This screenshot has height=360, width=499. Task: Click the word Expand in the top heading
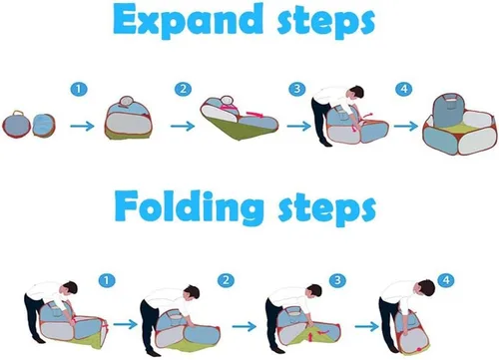[188, 19]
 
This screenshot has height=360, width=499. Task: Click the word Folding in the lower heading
[189, 206]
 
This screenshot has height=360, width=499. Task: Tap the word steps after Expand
[326, 22]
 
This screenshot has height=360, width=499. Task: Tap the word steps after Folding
[327, 207]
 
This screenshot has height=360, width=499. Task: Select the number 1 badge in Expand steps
[79, 89]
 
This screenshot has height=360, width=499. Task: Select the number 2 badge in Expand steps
[183, 89]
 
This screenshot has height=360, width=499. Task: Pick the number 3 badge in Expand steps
[296, 89]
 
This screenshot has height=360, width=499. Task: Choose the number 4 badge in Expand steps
[404, 89]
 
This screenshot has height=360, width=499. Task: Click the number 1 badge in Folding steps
[107, 280]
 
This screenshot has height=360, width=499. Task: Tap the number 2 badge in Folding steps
[226, 280]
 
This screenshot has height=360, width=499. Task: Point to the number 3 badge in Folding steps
[337, 280]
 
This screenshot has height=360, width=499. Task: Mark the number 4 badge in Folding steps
[446, 280]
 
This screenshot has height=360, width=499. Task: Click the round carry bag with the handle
[16, 125]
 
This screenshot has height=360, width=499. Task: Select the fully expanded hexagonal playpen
[460, 125]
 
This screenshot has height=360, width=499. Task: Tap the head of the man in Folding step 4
[426, 288]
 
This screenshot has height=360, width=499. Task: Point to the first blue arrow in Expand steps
[82, 126]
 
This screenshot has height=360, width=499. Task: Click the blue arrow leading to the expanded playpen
[406, 126]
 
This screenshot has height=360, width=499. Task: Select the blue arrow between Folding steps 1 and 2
[125, 324]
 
